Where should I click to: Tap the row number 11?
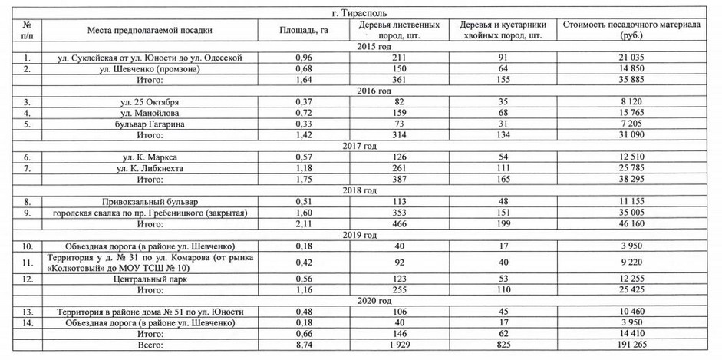pyautogui.click(x=28, y=263)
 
